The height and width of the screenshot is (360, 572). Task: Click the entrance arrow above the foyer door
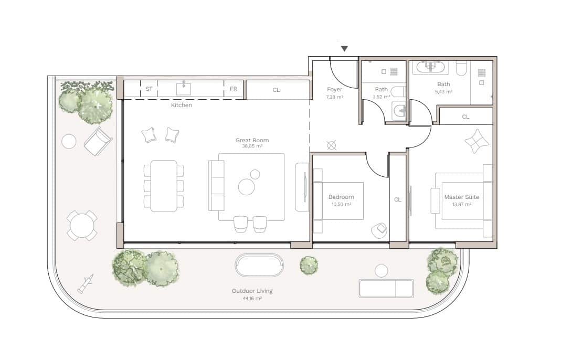click(344, 49)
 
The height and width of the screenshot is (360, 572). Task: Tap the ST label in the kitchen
click(149, 89)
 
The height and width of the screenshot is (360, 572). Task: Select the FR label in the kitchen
click(234, 89)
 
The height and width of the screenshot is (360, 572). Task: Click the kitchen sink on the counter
click(184, 89)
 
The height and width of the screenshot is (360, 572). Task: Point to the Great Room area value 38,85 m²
click(252, 147)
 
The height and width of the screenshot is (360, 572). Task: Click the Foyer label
click(334, 90)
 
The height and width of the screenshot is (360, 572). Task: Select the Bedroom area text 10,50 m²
click(341, 204)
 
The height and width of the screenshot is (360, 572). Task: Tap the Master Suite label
click(461, 197)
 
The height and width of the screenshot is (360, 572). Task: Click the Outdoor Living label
click(252, 291)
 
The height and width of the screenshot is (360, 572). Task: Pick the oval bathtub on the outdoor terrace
click(259, 266)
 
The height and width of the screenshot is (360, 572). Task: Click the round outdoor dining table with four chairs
click(82, 226)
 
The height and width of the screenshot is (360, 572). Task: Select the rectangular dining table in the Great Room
click(164, 186)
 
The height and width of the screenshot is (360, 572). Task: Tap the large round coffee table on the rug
click(247, 187)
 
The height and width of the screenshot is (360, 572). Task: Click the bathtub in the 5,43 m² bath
click(430, 67)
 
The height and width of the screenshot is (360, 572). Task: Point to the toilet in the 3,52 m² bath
click(398, 92)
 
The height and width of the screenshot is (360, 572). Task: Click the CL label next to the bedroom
click(398, 199)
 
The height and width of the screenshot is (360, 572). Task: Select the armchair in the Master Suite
click(476, 141)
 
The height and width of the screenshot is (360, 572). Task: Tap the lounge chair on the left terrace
click(98, 141)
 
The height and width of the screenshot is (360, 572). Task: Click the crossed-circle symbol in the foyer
click(331, 145)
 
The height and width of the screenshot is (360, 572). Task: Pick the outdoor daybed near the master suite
click(386, 288)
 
